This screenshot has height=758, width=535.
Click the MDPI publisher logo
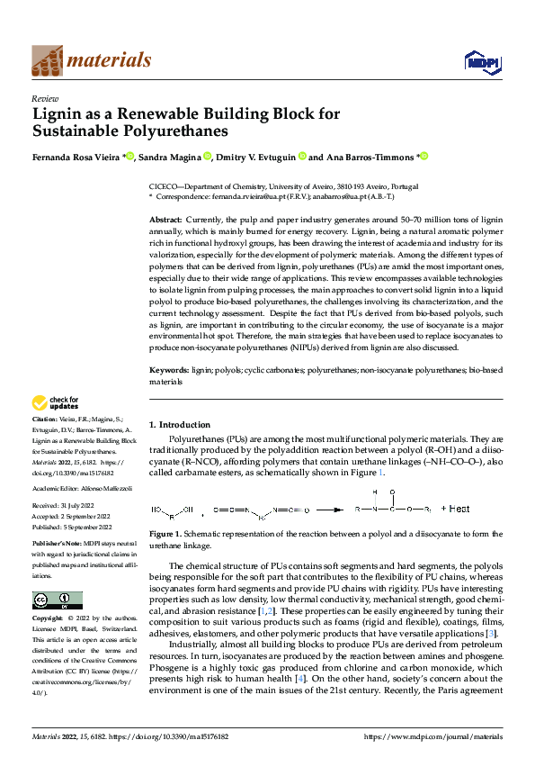477,60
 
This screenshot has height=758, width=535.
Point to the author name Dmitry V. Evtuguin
260,157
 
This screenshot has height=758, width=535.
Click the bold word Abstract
165,220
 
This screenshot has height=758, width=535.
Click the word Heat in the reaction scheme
459,509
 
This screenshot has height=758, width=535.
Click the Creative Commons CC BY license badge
57,600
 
